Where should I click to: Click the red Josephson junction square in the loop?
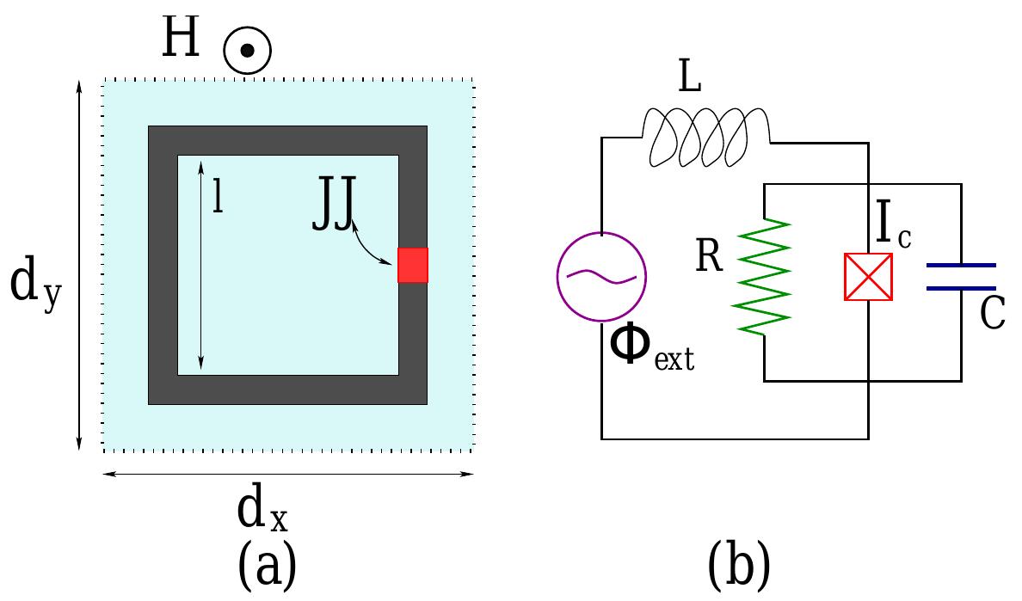[x=413, y=265]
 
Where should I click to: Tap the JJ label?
[x=332, y=212]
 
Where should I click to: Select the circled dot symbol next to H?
[x=247, y=51]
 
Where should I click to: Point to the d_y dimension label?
[x=35, y=286]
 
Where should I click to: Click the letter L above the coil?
[x=689, y=80]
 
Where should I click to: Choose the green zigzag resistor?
[x=764, y=275]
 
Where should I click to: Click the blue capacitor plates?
[x=961, y=277]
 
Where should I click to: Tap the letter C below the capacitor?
[x=993, y=315]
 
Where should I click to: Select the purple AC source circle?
[x=601, y=277]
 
